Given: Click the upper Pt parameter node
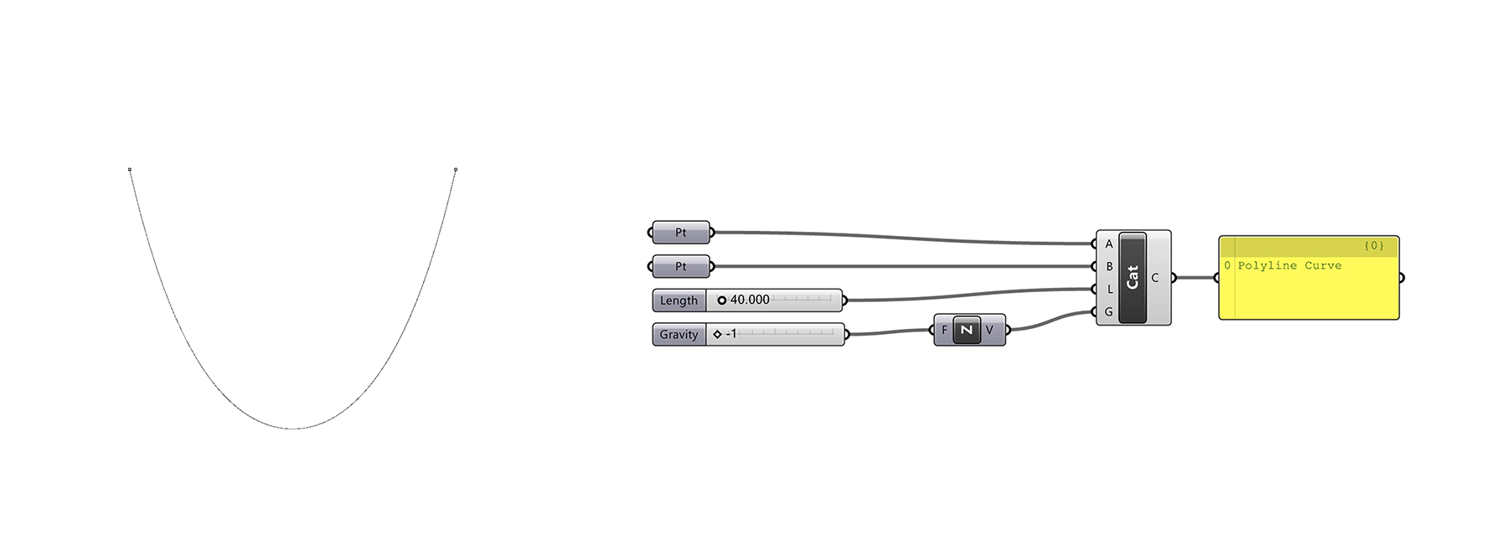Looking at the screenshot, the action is [680, 233].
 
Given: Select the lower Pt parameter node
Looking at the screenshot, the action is [680, 267].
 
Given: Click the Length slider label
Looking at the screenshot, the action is [679, 300].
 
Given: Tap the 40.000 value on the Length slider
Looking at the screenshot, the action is [750, 300].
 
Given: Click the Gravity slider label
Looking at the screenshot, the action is [679, 335].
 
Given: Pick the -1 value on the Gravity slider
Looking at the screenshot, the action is [731, 334].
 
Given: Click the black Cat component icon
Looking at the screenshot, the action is [1133, 277].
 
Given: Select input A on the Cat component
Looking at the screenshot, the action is [1109, 244].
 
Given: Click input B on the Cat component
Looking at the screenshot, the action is [1109, 267].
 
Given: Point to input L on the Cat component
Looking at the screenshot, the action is [1109, 290].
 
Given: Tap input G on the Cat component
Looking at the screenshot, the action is [1109, 312].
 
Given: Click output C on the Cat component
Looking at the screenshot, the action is [1154, 278].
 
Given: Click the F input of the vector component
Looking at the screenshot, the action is [944, 330].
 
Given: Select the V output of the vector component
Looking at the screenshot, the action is [989, 330].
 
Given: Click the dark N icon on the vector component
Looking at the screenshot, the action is [967, 330].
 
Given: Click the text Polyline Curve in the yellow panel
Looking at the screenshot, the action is [1289, 265].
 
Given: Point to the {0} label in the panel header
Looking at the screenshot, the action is [1374, 245].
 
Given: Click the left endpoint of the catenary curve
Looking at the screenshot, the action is [130, 170].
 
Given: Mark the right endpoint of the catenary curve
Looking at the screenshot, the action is [456, 170].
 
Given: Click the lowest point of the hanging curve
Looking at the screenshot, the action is [293, 429].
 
